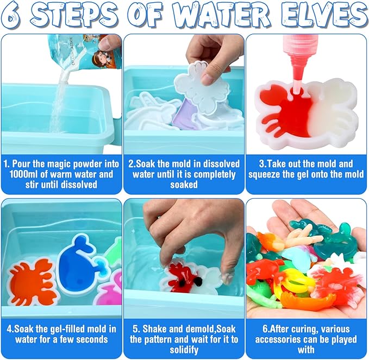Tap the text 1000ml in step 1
28,174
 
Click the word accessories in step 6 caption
285,339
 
